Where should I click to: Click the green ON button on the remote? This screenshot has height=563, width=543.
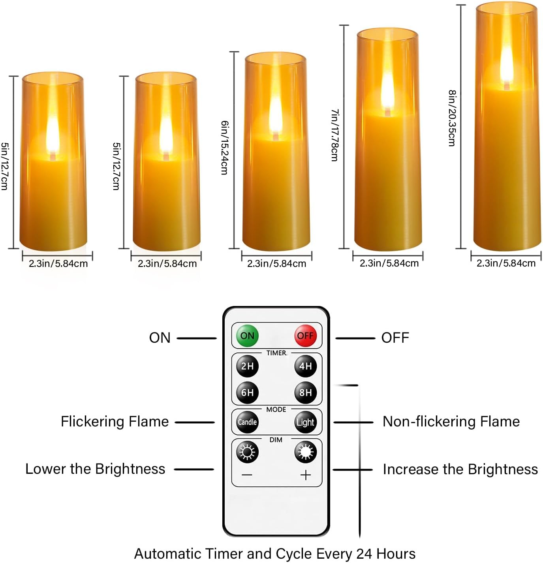[247, 336]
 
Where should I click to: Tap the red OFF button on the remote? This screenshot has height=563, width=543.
[305, 336]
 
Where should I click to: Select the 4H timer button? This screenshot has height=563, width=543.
[305, 366]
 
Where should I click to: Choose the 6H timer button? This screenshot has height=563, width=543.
[247, 392]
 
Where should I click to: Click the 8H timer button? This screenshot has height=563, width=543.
[305, 392]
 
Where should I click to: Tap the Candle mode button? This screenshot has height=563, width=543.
[247, 422]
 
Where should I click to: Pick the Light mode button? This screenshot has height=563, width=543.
[305, 422]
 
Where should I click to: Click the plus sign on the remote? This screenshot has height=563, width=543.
[306, 475]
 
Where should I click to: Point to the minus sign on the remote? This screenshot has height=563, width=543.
[247, 475]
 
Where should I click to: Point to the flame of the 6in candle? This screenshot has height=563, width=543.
[275, 114]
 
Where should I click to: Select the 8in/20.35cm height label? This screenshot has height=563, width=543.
[452, 118]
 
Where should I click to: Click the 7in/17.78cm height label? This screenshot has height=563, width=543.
[334, 135]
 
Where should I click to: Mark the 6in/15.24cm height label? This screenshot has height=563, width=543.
[224, 148]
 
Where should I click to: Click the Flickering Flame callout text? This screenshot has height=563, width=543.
[115, 422]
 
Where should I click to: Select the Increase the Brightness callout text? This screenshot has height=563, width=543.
[460, 469]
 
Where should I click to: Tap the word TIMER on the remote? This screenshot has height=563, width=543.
[276, 353]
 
